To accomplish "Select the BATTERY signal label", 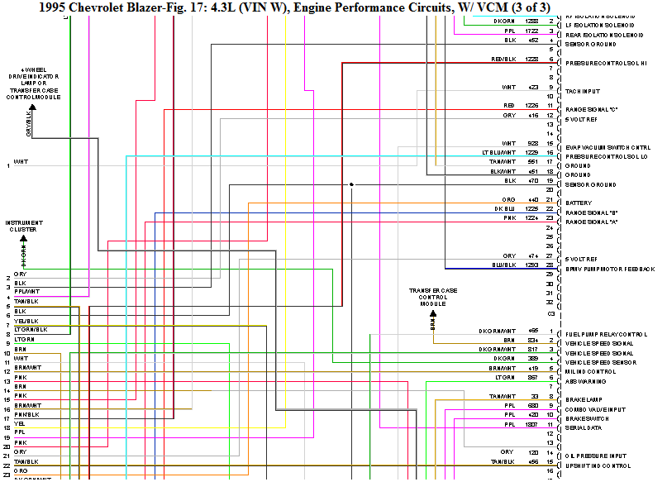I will tap(578, 203).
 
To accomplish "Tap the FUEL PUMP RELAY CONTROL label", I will tap(606, 334).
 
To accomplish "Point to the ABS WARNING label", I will tap(583, 381).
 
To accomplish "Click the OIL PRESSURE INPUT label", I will tap(595, 456).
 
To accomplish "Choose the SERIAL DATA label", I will tap(582, 427).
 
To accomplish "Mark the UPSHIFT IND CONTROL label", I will tap(597, 465).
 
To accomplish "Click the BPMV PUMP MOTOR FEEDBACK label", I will tap(610, 270).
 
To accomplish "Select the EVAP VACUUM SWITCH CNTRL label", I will tap(607, 147).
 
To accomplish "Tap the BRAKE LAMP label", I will tap(582, 400).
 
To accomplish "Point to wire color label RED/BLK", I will tap(503, 60).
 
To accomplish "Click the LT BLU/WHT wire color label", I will tap(498, 153).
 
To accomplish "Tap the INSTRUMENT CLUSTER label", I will tap(24, 226).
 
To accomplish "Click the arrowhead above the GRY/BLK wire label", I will tap(32, 106).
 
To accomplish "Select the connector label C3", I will tap(550, 314).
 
